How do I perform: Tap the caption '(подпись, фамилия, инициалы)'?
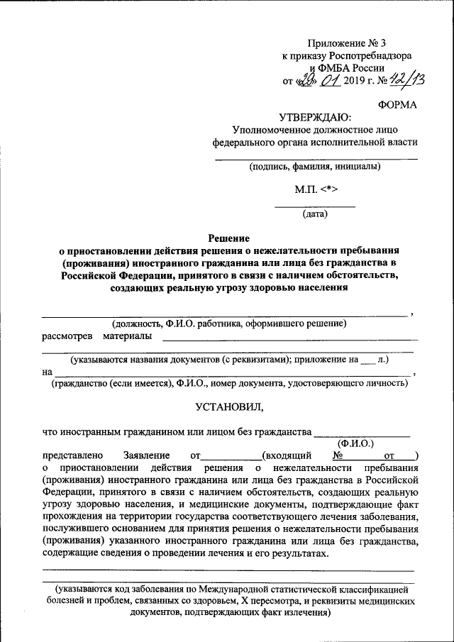tap(314, 167)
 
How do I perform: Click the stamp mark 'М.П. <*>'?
tap(315, 190)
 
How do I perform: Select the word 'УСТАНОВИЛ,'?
tap(228, 407)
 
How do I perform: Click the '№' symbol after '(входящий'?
tap(338, 455)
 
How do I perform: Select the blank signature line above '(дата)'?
tap(315, 206)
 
